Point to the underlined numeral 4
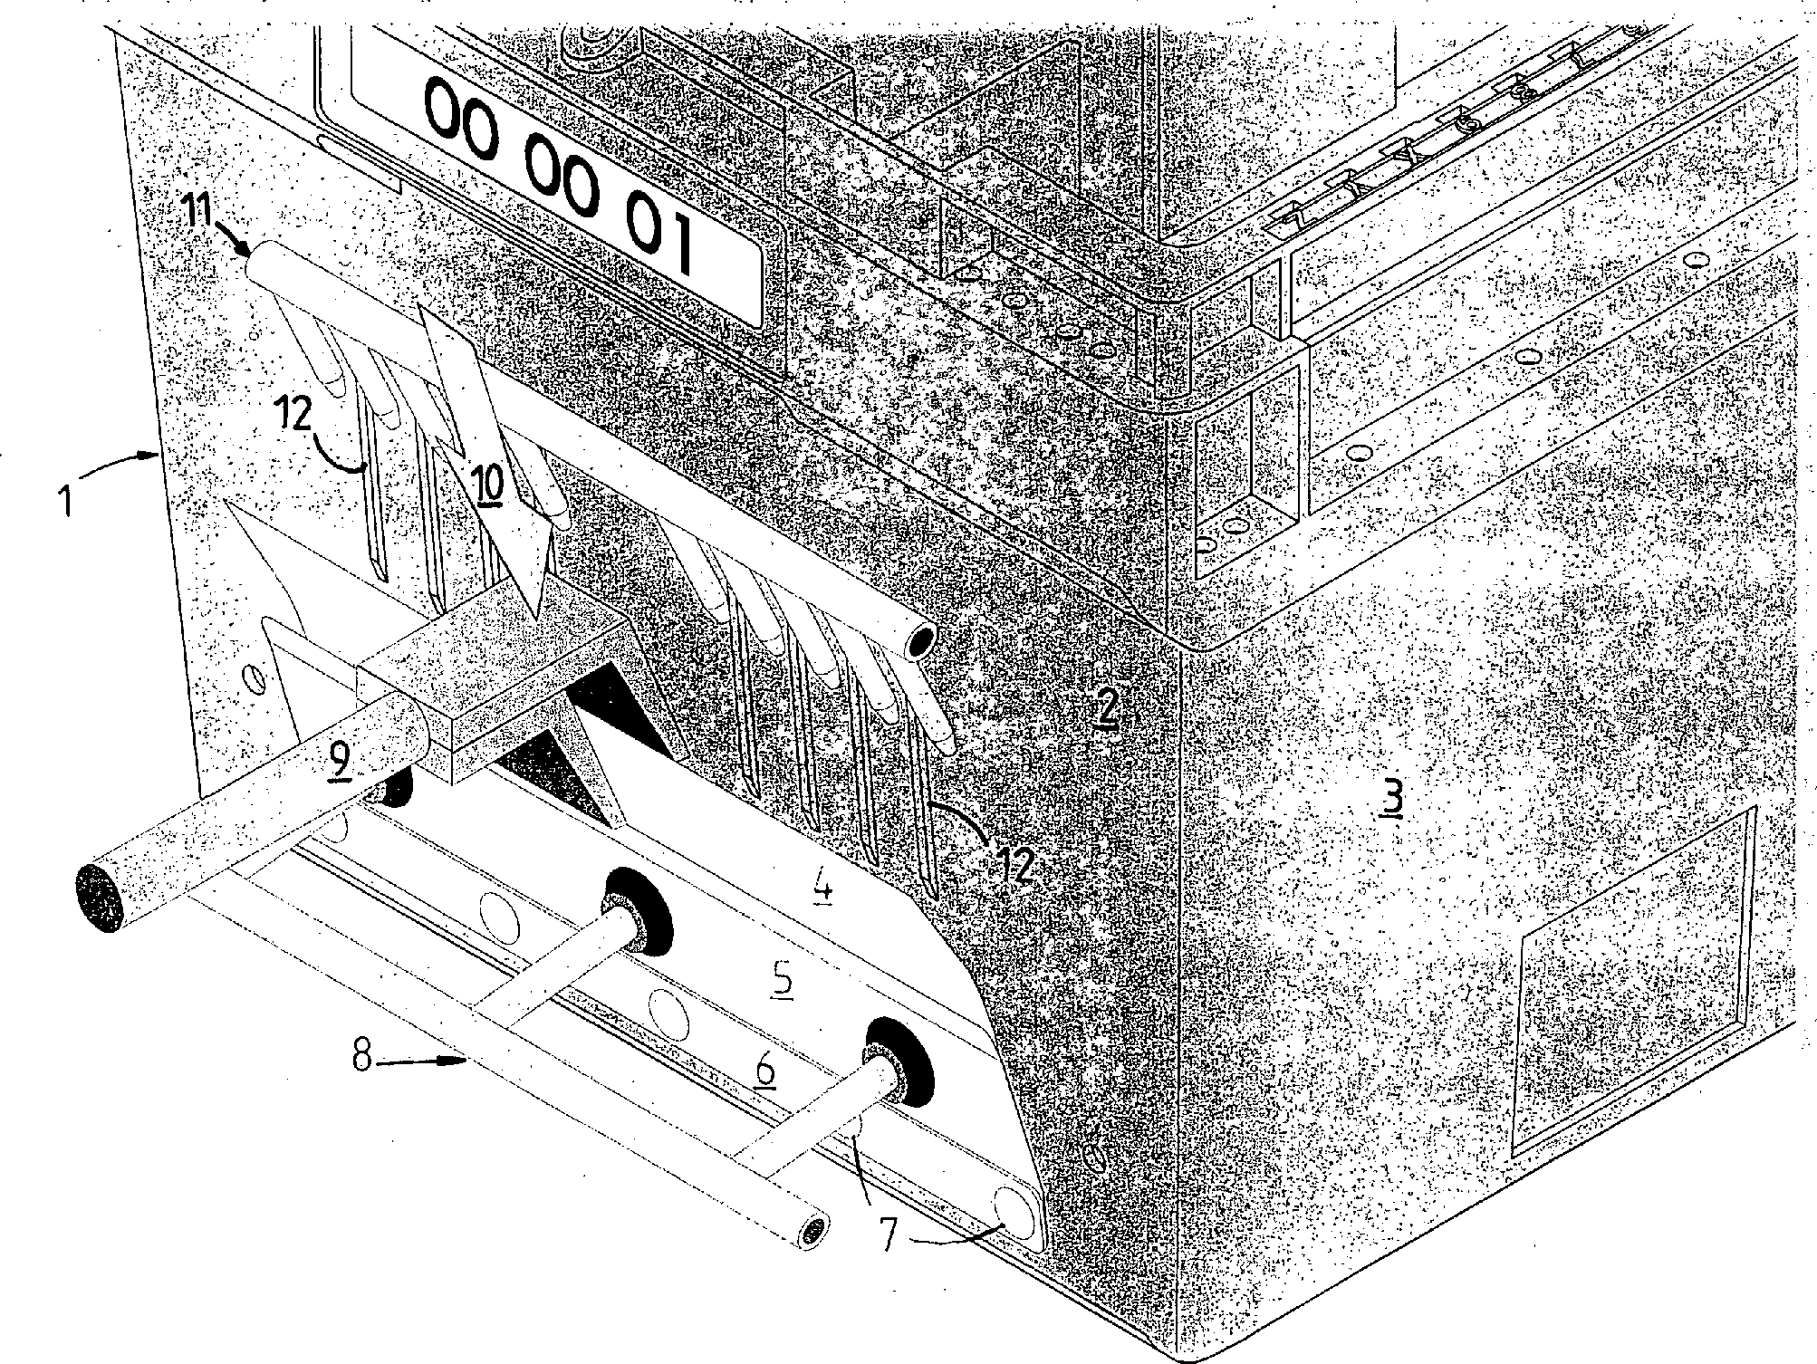(x=822, y=888)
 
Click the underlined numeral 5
(x=783, y=980)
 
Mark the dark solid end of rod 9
(x=100, y=896)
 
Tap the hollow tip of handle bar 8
(x=814, y=1231)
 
